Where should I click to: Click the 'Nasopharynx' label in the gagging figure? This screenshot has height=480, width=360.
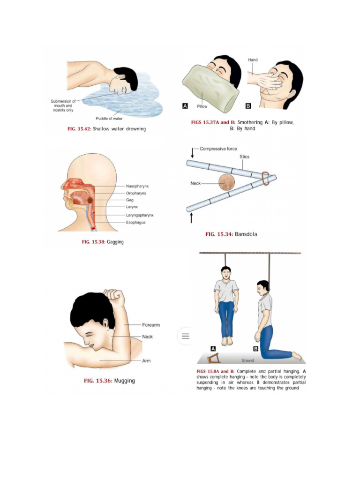pyautogui.click(x=137, y=186)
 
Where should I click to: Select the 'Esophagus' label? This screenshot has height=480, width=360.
pyautogui.click(x=135, y=222)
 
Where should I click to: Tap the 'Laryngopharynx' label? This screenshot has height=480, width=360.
pyautogui.click(x=139, y=215)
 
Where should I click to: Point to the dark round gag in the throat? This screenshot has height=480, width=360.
pyautogui.click(x=90, y=200)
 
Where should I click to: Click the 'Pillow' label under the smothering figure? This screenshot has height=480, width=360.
pyautogui.click(x=202, y=106)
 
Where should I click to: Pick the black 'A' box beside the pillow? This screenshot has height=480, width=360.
pyautogui.click(x=185, y=106)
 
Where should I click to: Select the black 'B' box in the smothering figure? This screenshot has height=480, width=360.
pyautogui.click(x=248, y=106)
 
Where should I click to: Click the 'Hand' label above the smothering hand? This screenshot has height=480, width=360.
pyautogui.click(x=253, y=60)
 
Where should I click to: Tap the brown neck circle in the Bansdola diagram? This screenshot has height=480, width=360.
pyautogui.click(x=228, y=182)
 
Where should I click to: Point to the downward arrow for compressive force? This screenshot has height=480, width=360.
pyautogui.click(x=193, y=153)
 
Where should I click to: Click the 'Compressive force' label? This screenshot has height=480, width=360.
pyautogui.click(x=218, y=149)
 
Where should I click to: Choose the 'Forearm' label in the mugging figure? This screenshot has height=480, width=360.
pyautogui.click(x=151, y=325)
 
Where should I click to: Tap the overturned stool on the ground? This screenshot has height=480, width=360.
pyautogui.click(x=215, y=360)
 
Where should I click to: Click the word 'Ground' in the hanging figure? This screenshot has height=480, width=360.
pyautogui.click(x=248, y=360)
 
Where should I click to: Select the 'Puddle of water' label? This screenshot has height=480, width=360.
pyautogui.click(x=109, y=119)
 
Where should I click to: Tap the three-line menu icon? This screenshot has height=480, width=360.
pyautogui.click(x=185, y=336)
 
